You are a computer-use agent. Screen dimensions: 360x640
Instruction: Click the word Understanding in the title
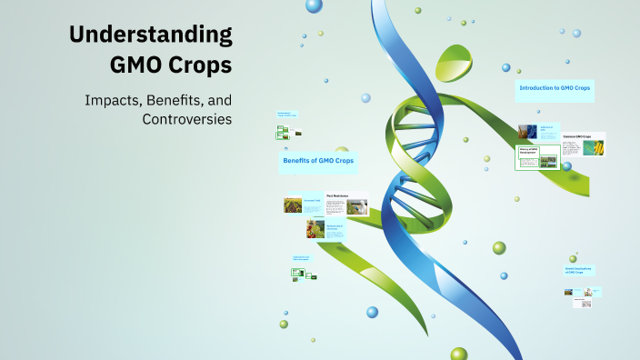151,35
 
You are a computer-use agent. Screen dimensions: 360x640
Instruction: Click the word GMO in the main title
139,66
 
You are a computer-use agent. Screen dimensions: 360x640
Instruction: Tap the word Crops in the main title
205,66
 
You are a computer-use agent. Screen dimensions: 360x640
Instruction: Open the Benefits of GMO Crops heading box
318,161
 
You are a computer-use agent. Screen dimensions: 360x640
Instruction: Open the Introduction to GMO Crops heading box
555,88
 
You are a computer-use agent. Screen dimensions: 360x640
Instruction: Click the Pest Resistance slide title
338,194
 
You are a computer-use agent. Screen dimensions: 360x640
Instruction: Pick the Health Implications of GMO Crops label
580,272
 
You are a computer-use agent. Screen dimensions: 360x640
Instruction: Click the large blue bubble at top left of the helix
314,6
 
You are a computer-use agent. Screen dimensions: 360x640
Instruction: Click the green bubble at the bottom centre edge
458,354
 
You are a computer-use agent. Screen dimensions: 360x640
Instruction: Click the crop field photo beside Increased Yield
293,205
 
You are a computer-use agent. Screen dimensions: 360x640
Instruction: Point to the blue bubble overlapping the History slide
566,165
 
